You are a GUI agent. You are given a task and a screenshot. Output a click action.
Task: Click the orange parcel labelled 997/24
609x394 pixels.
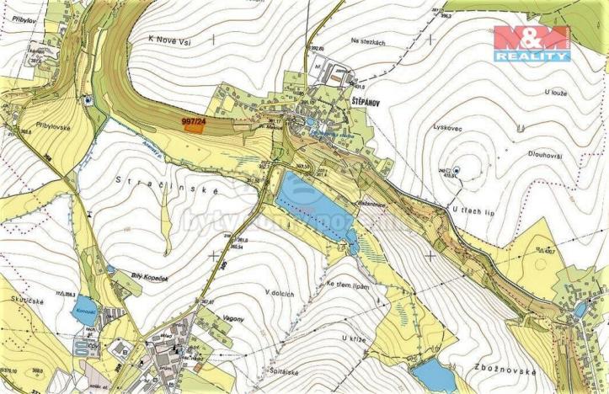(x=193, y=125)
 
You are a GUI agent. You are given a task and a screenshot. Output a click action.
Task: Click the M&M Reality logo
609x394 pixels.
(x=532, y=43)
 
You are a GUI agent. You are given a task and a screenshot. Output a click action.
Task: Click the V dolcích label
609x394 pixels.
(x=280, y=291)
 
